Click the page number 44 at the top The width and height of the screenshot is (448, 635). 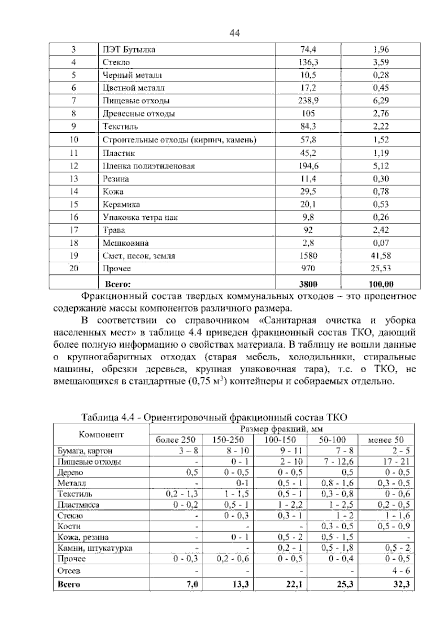(234, 33)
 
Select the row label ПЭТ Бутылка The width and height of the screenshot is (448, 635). (129, 49)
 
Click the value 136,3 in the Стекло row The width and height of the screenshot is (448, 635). (308, 62)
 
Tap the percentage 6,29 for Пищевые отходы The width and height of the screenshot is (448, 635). (381, 101)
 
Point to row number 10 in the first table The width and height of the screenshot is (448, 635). (74, 140)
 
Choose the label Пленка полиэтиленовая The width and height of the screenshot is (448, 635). (149, 166)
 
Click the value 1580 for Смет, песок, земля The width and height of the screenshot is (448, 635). (308, 256)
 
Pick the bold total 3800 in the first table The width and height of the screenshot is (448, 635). (308, 284)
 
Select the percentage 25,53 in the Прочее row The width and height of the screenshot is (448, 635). (381, 268)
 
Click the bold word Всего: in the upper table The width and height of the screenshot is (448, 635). (118, 284)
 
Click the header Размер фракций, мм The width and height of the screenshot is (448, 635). (281, 429)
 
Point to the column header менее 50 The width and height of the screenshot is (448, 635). (386, 440)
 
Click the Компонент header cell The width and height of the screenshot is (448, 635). (101, 434)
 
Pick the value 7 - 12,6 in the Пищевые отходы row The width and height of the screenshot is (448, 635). (338, 462)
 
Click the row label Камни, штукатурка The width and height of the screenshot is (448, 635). (95, 548)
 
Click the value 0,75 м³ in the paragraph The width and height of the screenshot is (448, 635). (206, 382)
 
